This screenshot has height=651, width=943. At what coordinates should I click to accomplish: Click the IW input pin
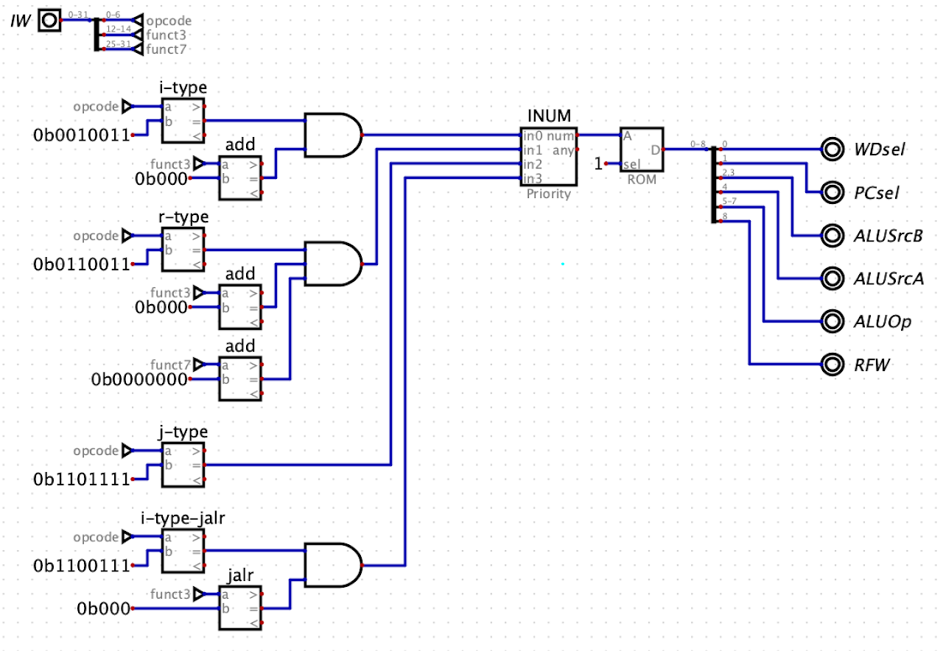49,21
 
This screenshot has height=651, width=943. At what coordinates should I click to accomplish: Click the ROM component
642,150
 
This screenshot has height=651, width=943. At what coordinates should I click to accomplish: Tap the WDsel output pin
832,149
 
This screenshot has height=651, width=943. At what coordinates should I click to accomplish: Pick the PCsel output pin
832,192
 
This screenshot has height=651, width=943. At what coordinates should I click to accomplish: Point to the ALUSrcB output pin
832,236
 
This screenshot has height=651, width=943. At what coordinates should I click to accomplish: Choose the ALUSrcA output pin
832,278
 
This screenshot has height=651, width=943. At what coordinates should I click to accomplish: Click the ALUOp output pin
832,321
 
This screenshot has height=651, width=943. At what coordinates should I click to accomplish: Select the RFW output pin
832,364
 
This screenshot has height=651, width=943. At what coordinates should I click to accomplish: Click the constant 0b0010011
81,135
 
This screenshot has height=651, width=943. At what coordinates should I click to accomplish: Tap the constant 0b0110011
81,264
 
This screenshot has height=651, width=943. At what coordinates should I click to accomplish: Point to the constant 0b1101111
81,479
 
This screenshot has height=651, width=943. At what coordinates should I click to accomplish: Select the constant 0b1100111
81,566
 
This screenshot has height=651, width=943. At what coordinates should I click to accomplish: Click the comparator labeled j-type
183,465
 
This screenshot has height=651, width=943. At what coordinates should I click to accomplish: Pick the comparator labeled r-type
183,250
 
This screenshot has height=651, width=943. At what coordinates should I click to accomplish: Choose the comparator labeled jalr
240,608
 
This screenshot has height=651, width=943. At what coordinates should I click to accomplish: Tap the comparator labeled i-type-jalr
183,551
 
